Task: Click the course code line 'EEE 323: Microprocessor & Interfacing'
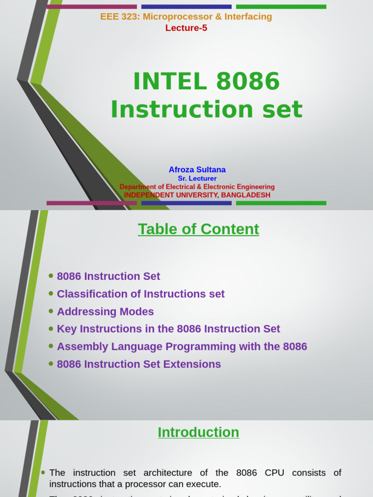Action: click(186, 17)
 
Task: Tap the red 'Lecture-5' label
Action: click(186, 28)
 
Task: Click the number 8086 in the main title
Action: click(248, 82)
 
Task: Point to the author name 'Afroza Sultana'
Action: click(197, 170)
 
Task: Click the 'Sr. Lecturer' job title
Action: click(197, 179)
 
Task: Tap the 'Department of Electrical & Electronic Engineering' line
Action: click(197, 187)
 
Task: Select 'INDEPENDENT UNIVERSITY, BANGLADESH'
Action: click(197, 195)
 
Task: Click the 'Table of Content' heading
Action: click(198, 229)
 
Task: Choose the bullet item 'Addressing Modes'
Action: click(105, 312)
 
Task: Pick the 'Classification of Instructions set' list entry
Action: click(140, 294)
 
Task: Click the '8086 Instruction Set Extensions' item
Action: click(138, 364)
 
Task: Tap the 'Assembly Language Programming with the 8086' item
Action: click(182, 347)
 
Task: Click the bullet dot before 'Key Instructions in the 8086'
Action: click(51, 329)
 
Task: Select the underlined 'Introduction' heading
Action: click(198, 432)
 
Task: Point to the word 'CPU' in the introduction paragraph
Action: click(274, 473)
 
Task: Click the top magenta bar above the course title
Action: click(91, 7)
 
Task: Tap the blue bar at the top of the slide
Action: click(186, 7)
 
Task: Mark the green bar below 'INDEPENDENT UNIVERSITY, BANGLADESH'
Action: click(281, 203)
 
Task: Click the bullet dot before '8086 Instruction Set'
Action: click(51, 276)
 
